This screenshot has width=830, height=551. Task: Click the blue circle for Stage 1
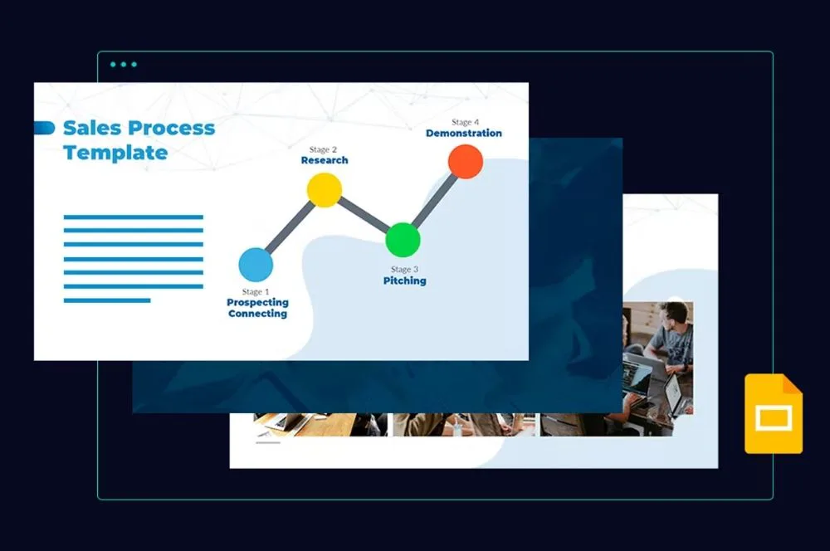(256, 264)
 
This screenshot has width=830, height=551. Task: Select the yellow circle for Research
(324, 190)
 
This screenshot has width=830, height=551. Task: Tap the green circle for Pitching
(403, 239)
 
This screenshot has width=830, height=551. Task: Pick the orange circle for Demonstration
(466, 162)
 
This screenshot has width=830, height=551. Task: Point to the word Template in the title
(115, 153)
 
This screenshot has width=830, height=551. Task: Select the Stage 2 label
(324, 149)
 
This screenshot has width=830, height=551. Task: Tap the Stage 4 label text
(465, 122)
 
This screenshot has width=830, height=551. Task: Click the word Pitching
(404, 281)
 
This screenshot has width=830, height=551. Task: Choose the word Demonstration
(464, 134)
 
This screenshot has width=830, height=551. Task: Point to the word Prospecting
(257, 303)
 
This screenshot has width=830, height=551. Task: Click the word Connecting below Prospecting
(257, 315)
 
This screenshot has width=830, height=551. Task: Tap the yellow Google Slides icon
(773, 414)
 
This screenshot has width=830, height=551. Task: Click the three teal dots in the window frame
(123, 64)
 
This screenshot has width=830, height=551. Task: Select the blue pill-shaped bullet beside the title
(44, 128)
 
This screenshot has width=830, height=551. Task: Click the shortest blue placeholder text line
(107, 300)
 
